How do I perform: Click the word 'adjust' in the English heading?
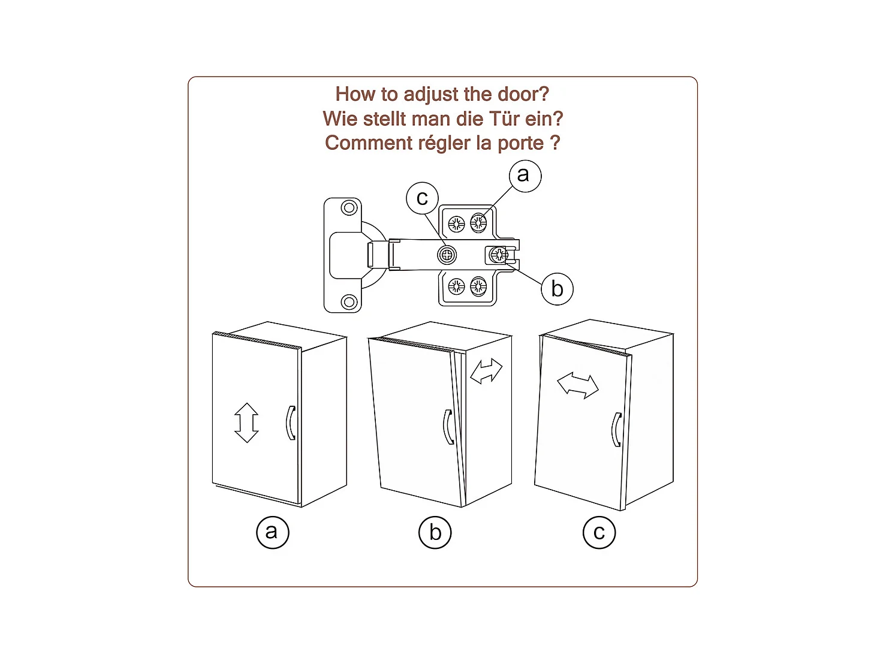click(x=430, y=95)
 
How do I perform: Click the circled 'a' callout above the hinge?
click(x=525, y=176)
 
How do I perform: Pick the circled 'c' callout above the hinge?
click(x=422, y=198)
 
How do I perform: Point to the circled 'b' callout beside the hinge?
click(x=557, y=289)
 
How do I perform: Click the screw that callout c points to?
click(x=447, y=255)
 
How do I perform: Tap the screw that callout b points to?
click(x=499, y=255)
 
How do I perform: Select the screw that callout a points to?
click(x=478, y=222)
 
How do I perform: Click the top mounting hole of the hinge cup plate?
click(x=349, y=208)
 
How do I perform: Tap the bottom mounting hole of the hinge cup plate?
click(x=349, y=302)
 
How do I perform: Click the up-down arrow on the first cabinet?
click(x=246, y=422)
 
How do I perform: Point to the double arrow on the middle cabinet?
click(x=486, y=371)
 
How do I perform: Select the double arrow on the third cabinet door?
click(x=578, y=385)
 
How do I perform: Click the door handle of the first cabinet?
click(x=291, y=422)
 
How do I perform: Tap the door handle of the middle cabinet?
click(x=448, y=427)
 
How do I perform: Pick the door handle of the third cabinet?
click(x=616, y=430)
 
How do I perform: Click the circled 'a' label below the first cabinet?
click(x=273, y=532)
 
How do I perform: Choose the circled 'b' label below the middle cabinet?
click(x=435, y=533)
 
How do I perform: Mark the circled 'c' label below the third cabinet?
click(x=599, y=533)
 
